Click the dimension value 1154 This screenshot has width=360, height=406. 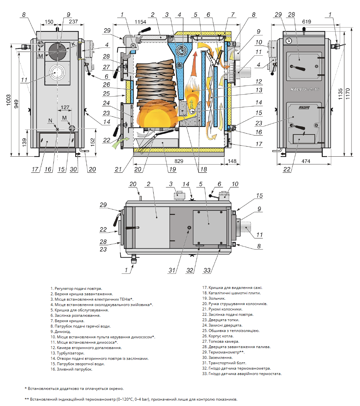140,22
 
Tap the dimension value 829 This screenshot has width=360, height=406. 179,161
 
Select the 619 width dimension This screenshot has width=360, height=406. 307,22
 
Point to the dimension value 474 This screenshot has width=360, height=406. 306,161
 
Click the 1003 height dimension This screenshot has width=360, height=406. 8,100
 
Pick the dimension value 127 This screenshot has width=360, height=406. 65,108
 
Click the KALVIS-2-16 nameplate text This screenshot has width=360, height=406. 305,89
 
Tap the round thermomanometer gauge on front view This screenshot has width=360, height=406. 289,41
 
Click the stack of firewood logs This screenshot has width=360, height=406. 156,84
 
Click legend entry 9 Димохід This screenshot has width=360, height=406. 61,331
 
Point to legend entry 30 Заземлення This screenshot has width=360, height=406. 217,357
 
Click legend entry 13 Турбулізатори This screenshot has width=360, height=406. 67,353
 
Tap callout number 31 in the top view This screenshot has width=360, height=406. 172,270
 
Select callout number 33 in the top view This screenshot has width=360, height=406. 207,270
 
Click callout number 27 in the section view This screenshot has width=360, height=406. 106,67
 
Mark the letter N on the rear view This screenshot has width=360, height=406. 50,121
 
